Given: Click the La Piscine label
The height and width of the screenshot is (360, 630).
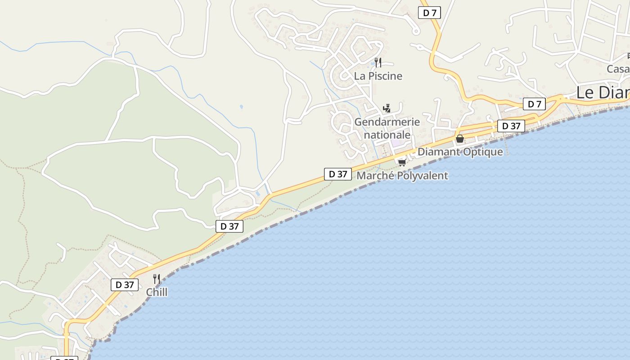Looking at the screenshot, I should click(378, 76).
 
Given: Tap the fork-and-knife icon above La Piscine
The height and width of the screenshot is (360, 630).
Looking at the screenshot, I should click(378, 63).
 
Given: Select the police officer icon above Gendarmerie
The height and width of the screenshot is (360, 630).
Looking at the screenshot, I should click(387, 108).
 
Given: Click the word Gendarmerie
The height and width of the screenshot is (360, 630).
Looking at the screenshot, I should click(387, 122).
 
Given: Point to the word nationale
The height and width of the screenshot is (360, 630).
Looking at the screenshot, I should click(387, 135).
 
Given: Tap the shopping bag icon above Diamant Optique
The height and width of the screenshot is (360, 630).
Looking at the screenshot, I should click(459, 139).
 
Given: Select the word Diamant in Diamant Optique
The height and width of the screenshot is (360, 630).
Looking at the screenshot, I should click(439, 152).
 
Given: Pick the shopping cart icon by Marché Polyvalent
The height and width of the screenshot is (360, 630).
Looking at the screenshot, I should click(402, 162).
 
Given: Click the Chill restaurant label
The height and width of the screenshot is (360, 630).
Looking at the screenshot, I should click(157, 292).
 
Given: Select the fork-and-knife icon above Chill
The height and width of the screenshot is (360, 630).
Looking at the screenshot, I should click(157, 279).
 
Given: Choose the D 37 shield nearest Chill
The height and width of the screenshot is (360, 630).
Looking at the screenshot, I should click(125, 284).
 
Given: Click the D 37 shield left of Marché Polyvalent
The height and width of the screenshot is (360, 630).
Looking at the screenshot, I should click(337, 174).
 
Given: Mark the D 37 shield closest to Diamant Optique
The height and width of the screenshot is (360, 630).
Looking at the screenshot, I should click(511, 126).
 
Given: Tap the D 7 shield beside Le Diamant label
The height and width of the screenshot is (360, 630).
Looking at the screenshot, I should click(534, 104).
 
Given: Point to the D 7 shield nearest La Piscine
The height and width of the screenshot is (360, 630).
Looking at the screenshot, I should click(429, 13).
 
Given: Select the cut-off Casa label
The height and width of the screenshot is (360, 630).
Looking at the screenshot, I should click(618, 69).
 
